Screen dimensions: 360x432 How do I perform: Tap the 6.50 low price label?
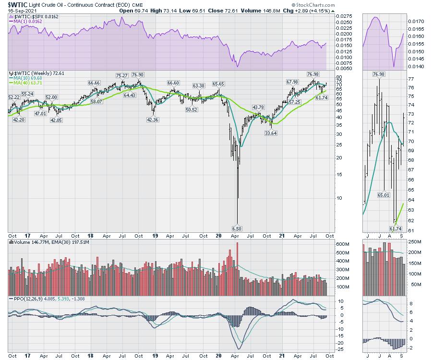tap(236, 229)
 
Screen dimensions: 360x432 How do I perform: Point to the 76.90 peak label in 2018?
tap(137, 75)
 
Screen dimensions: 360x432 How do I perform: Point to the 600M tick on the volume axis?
tap(341, 244)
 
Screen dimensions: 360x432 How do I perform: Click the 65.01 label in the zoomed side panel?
tap(384, 195)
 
